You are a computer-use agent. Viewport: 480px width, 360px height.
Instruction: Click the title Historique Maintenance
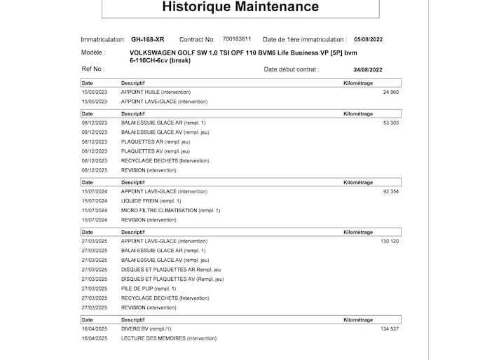click(x=240, y=8)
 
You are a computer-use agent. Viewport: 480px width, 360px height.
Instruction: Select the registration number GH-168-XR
click(x=147, y=40)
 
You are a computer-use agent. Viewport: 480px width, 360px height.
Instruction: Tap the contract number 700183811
click(x=237, y=39)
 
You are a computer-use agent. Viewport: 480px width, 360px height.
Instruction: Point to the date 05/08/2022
click(x=369, y=40)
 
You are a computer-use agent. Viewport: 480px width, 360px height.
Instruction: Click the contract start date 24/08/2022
click(x=368, y=69)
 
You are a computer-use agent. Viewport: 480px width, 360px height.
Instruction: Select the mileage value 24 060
click(x=390, y=92)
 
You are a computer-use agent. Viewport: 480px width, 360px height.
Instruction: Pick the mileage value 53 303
click(x=390, y=123)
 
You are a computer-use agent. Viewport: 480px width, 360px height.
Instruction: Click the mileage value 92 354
click(x=390, y=191)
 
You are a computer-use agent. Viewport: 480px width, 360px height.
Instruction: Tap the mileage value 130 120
click(x=389, y=241)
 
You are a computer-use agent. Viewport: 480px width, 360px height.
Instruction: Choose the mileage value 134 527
click(x=389, y=328)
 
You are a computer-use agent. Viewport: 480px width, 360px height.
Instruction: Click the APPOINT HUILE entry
click(x=156, y=92)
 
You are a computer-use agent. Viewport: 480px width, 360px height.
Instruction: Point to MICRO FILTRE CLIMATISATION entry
click(x=170, y=210)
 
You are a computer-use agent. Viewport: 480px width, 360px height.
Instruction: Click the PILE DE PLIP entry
click(x=149, y=289)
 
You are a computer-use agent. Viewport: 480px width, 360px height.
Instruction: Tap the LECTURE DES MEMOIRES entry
click(x=169, y=338)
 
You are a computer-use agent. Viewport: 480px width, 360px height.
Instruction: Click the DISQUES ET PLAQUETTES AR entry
click(x=171, y=270)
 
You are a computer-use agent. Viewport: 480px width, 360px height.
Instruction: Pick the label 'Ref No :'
click(x=93, y=69)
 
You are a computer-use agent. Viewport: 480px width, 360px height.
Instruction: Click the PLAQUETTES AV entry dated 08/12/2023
click(x=155, y=151)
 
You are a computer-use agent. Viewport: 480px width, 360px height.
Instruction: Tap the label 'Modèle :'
click(x=93, y=53)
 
